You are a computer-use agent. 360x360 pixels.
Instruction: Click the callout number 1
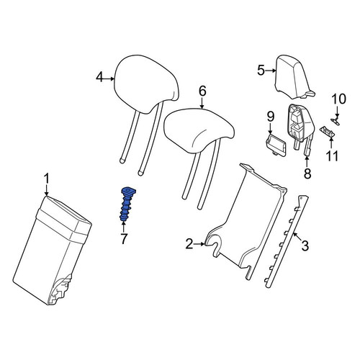pyautogui.click(x=47, y=179)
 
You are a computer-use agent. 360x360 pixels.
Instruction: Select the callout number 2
pyautogui.click(x=189, y=244)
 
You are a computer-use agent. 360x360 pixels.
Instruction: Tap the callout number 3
pyautogui.click(x=305, y=246)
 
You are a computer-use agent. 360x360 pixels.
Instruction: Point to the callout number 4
pyautogui.click(x=99, y=78)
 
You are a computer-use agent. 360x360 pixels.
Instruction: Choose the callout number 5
pyautogui.click(x=261, y=71)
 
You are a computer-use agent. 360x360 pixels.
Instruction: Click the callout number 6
pyautogui.click(x=202, y=91)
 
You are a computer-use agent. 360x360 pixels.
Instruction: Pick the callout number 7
pyautogui.click(x=124, y=238)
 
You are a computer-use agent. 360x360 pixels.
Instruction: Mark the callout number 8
pyautogui.click(x=307, y=174)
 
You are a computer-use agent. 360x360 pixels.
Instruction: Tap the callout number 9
pyautogui.click(x=270, y=117)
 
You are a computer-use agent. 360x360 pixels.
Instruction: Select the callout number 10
pyautogui.click(x=339, y=99)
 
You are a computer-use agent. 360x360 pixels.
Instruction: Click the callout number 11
pyautogui.click(x=332, y=156)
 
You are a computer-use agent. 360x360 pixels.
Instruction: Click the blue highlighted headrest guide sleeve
pyautogui.click(x=127, y=204)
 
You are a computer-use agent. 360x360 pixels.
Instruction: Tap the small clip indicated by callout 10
pyautogui.click(x=336, y=121)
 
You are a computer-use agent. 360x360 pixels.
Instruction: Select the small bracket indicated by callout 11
pyautogui.click(x=326, y=132)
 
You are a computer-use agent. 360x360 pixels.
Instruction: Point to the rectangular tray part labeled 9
pyautogui.click(x=276, y=145)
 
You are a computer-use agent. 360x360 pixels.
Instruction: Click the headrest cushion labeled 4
pyautogui.click(x=147, y=84)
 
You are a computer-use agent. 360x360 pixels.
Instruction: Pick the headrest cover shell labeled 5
pyautogui.click(x=294, y=77)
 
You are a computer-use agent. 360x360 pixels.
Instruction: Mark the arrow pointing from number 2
pyautogui.click(x=199, y=244)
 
